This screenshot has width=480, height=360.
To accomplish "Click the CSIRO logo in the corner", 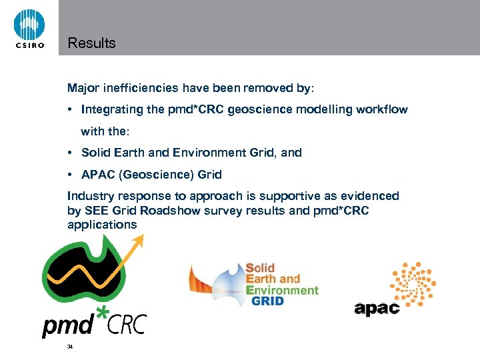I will coord(29,29).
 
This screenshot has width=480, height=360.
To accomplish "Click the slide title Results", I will coord(91,43).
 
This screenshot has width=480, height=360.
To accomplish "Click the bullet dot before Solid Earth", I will coord(70,153).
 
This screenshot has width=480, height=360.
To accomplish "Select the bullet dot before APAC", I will coord(70,175).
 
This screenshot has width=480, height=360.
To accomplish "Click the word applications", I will coord(102,225).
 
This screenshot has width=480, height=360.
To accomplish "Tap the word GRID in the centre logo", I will coord(267,301).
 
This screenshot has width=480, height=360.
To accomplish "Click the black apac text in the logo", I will coord(377,308).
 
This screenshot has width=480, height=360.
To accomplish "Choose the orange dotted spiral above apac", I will coord(412,283).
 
